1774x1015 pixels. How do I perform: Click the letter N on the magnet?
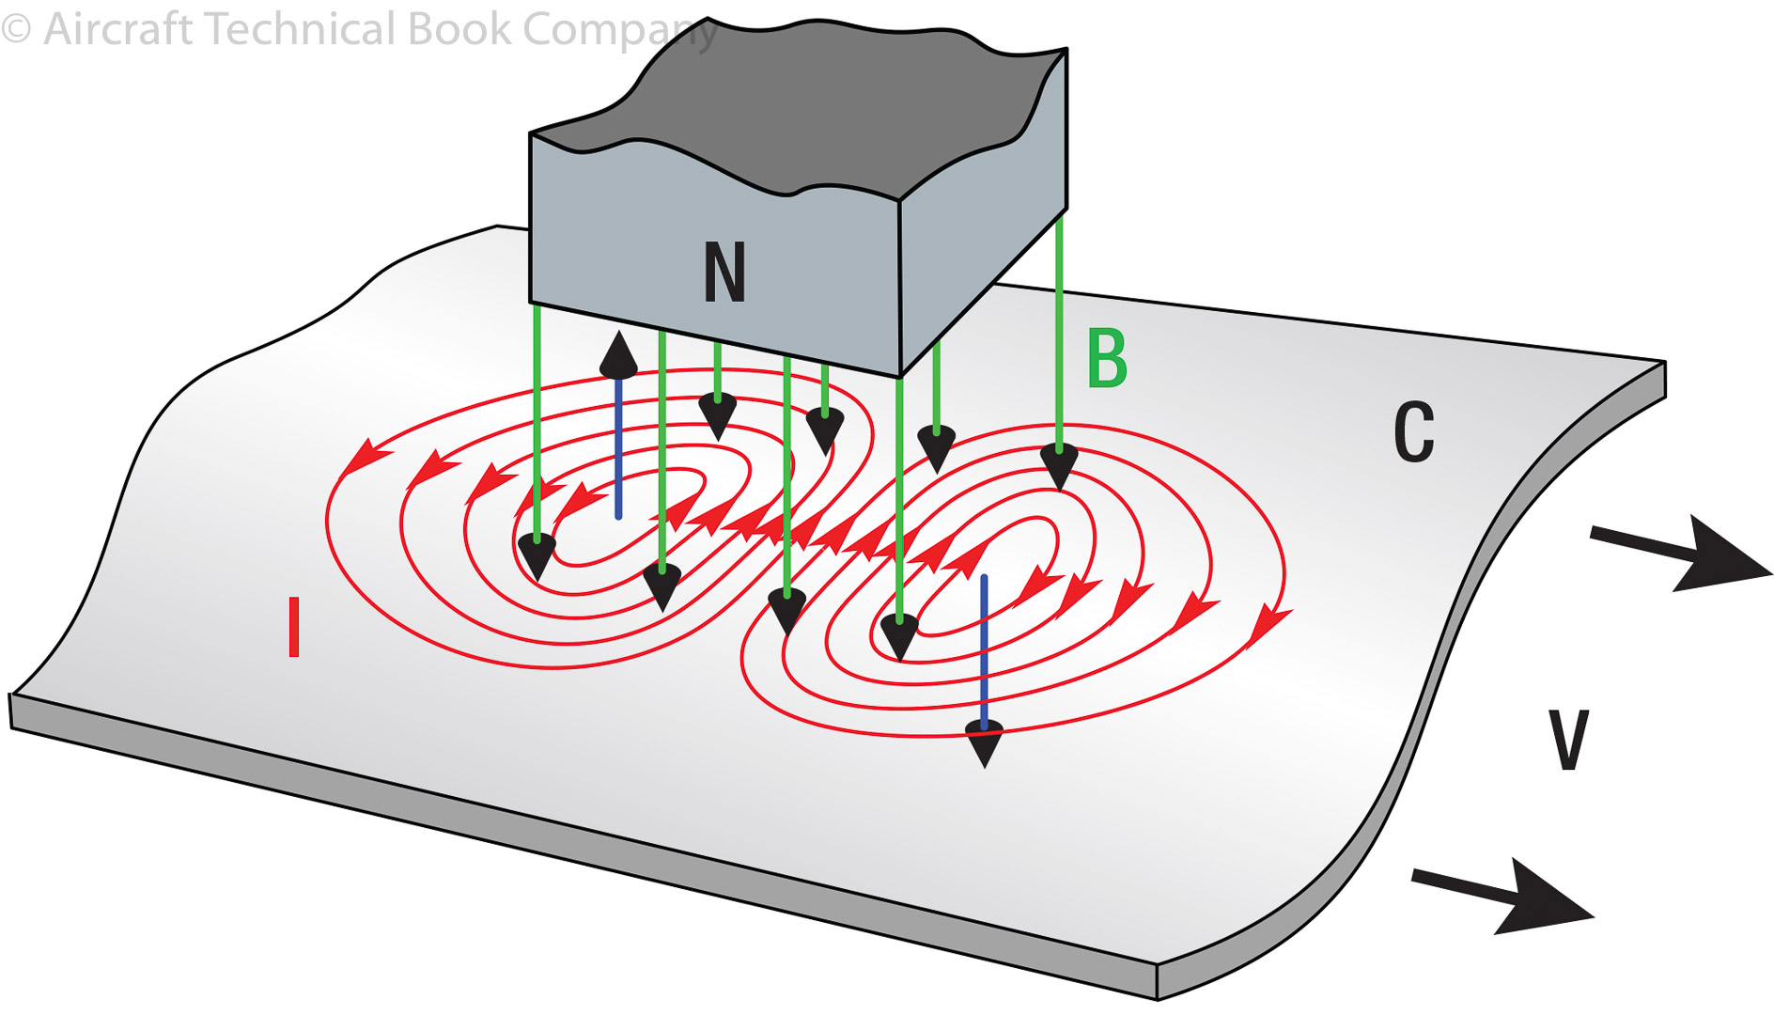pyautogui.click(x=724, y=273)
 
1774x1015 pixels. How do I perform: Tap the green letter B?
pyautogui.click(x=1107, y=358)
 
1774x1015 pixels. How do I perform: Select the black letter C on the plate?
pyautogui.click(x=1413, y=432)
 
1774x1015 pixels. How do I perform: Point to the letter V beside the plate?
pyautogui.click(x=1567, y=741)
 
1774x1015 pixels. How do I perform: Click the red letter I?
pyautogui.click(x=294, y=627)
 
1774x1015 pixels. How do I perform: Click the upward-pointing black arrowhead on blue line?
pyautogui.click(x=618, y=356)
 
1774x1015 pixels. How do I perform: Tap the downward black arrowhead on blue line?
pyautogui.click(x=984, y=745)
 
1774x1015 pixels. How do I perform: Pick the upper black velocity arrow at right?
pyautogui.click(x=1682, y=554)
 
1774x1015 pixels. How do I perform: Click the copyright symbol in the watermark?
pyautogui.click(x=16, y=29)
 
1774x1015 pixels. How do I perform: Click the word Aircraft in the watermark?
pyautogui.click(x=118, y=29)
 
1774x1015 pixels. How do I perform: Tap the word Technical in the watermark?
pyautogui.click(x=301, y=29)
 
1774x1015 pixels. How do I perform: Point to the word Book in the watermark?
pyautogui.click(x=459, y=29)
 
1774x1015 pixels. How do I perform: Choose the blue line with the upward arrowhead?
pyautogui.click(x=618, y=451)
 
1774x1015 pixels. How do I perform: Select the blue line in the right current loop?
pyautogui.click(x=984, y=648)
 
